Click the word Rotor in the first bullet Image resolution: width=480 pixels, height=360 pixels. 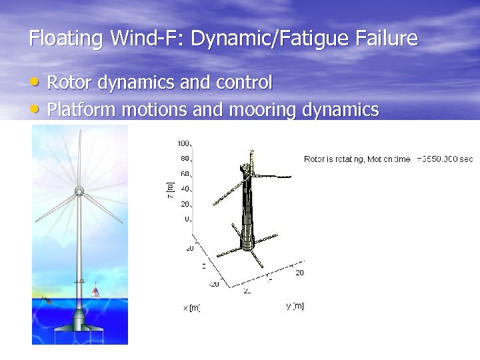pos(70,83)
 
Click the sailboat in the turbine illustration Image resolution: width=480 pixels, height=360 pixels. pos(95,290)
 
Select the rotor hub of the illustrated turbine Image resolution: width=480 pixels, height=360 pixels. pos(79,192)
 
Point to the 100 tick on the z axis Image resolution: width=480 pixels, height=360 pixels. pos(184,143)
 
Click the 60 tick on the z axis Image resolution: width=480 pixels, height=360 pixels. pos(185,174)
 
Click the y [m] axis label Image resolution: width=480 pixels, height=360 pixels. pos(295,306)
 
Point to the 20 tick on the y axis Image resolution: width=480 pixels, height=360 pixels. pos(299,272)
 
